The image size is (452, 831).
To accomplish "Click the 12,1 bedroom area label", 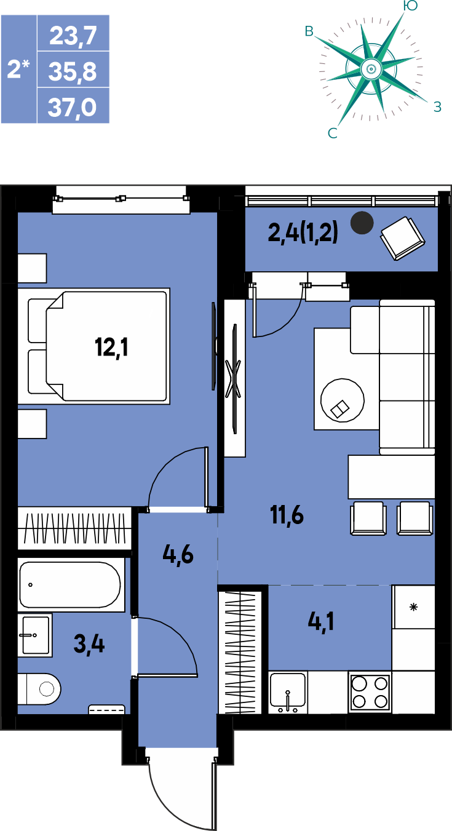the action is (x=111, y=348).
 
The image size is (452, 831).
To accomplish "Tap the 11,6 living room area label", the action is (x=287, y=515).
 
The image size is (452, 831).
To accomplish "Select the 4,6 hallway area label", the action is (x=178, y=555).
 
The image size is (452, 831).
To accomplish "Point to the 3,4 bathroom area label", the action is (x=89, y=644).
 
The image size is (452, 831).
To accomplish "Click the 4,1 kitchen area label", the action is (x=321, y=622).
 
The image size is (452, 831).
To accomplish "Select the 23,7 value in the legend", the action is (x=73, y=36).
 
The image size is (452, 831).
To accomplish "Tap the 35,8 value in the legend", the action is (x=73, y=71).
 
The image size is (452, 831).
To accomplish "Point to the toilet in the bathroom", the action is (x=39, y=689).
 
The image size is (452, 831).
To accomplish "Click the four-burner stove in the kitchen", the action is (x=370, y=692).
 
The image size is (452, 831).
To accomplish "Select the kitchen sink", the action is (x=288, y=692).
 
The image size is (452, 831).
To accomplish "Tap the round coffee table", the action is (x=343, y=400).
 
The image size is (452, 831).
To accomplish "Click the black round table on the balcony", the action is (x=362, y=223).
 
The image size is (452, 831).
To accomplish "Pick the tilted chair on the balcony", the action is (x=403, y=239).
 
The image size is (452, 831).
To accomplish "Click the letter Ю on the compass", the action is (x=410, y=6).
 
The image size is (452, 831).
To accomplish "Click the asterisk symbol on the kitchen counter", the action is (x=413, y=607).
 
